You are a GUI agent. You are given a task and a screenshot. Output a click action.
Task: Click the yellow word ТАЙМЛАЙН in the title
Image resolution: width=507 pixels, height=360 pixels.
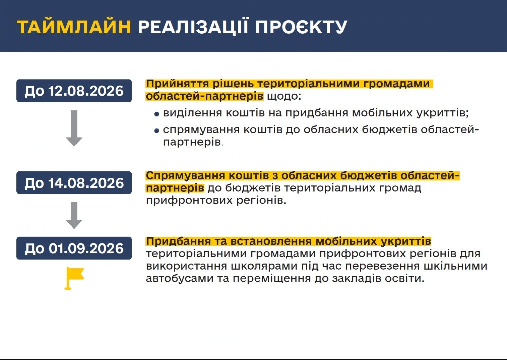pos(74,27)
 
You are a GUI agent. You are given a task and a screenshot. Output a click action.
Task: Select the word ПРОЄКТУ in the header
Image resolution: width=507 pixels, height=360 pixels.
pos(301,27)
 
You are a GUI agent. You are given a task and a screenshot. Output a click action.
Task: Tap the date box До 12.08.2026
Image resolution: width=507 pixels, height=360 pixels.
pos(74,91)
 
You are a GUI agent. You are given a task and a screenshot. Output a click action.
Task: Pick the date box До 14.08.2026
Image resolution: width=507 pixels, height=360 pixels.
pos(74,183)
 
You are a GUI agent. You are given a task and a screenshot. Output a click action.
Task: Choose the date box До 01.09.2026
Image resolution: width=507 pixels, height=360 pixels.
pos(74,248)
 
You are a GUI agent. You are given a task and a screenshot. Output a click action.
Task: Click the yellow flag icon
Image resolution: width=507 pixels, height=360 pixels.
pos(74,278)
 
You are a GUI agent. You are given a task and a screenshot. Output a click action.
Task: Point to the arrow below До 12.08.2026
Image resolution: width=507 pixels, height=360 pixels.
pos(74,128)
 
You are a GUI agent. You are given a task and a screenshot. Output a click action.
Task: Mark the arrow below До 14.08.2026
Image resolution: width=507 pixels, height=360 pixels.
pos(74,215)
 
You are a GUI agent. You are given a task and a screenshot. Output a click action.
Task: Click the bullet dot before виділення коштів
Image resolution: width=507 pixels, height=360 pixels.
pos(157,114)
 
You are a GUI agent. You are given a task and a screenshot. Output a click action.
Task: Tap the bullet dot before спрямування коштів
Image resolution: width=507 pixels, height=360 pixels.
pos(157,131)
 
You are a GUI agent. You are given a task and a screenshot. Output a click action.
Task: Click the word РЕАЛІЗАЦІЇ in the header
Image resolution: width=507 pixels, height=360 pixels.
pos(193,27)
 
